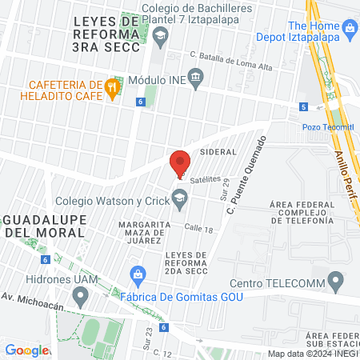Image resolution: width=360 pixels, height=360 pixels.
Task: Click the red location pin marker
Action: [180, 162]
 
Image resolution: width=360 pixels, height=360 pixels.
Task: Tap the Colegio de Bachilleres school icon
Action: [160, 34]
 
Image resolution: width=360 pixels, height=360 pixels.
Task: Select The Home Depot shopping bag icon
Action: [348, 29]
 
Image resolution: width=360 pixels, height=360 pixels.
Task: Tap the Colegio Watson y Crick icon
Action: [181, 196]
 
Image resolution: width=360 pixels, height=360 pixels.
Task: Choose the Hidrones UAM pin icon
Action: [79, 297]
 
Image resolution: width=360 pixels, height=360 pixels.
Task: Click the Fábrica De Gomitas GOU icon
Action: [138, 274]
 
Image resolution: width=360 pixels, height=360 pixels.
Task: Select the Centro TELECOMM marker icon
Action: [337, 280]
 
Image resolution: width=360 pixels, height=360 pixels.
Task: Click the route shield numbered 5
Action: [303, 106]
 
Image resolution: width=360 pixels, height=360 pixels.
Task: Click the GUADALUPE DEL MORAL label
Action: [43, 225]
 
